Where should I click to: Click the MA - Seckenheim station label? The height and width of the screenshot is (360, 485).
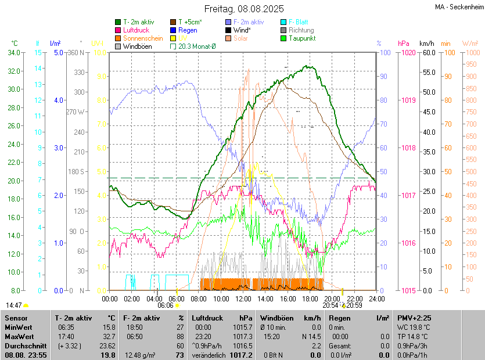[458, 8]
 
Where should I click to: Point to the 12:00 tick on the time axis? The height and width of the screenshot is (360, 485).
[243, 298]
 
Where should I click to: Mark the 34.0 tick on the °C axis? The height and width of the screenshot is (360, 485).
[13, 53]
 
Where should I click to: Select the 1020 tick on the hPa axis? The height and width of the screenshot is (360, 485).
[407, 53]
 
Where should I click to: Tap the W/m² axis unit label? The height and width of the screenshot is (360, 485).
[470, 44]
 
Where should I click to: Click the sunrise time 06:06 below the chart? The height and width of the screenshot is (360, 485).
[166, 305]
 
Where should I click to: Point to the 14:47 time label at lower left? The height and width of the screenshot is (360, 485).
[15, 305]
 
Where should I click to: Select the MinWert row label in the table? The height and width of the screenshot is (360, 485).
[18, 327]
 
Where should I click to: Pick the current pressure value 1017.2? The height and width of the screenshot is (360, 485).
[243, 355]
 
